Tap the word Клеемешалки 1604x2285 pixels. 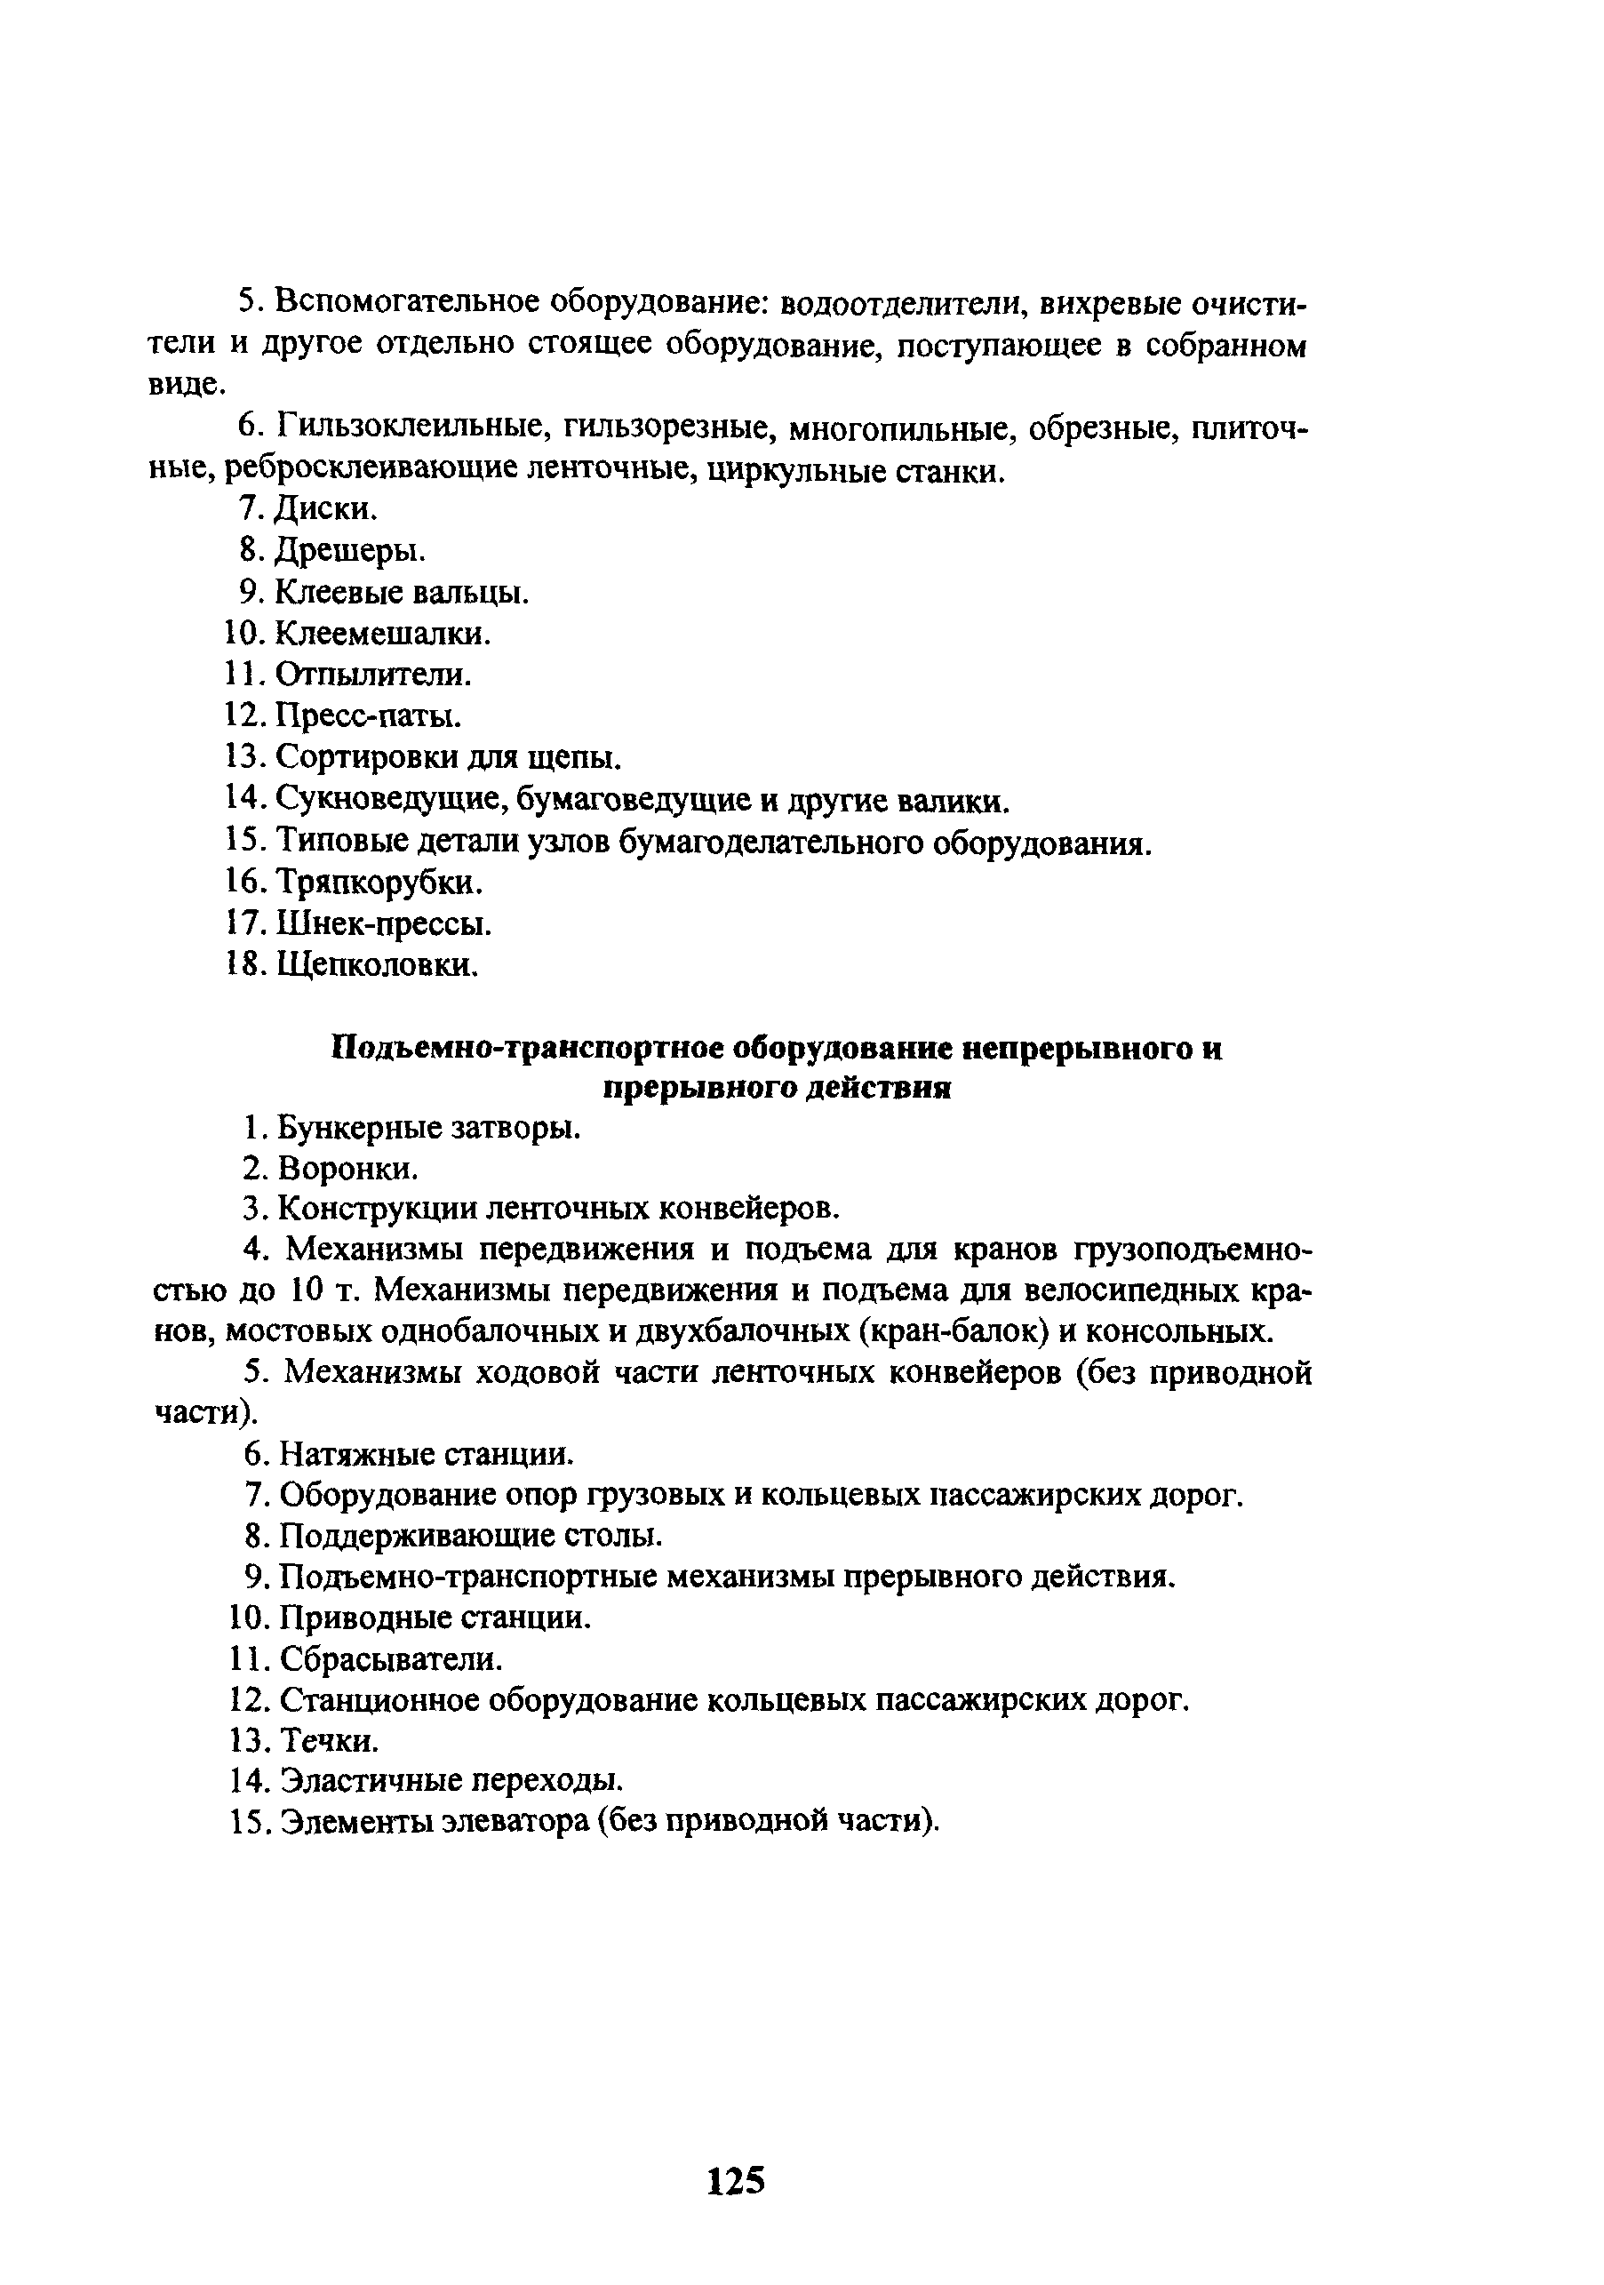[x=382, y=633]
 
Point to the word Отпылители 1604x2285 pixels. [x=372, y=675]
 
